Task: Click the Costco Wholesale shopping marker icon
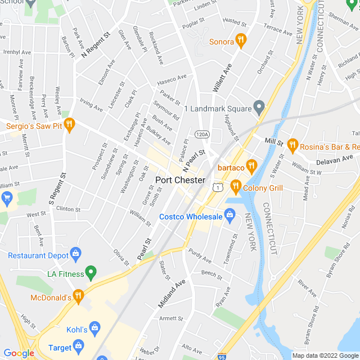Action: pyautogui.click(x=229, y=214)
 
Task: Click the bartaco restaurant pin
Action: pyautogui.click(x=251, y=165)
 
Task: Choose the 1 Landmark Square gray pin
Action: pyautogui.click(x=259, y=106)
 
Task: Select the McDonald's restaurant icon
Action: pyautogui.click(x=79, y=295)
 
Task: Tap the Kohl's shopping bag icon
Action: pyautogui.click(x=95, y=327)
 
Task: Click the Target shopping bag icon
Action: pyautogui.click(x=78, y=345)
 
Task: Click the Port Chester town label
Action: pyautogui.click(x=180, y=181)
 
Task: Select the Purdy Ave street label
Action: pyautogui.click(x=200, y=256)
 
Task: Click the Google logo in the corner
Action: pyautogui.click(x=19, y=353)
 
